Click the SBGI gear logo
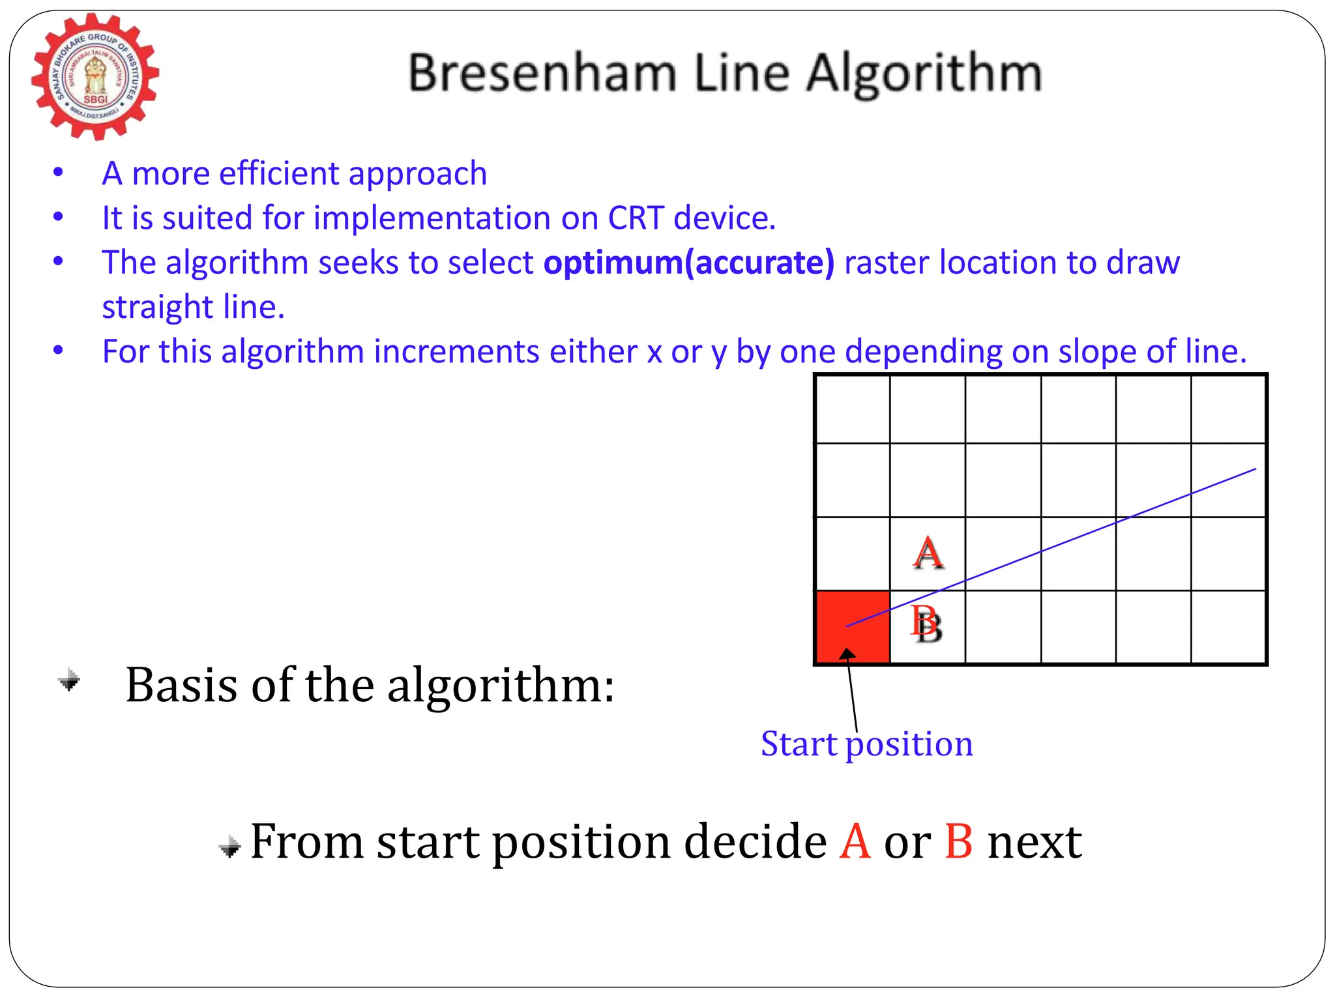[x=95, y=77]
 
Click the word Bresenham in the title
[x=542, y=73]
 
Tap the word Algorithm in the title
[x=924, y=74]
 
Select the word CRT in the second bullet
[x=636, y=218]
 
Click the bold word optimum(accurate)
[x=689, y=263]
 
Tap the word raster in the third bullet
[x=887, y=263]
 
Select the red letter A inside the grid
[x=928, y=553]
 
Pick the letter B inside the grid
[x=926, y=624]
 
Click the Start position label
[x=866, y=744]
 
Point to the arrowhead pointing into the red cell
[x=847, y=654]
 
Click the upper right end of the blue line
[x=1254, y=469]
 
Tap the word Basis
[x=181, y=686]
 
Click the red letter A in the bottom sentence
[x=855, y=842]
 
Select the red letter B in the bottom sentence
[x=958, y=842]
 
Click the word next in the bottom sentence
[x=1034, y=842]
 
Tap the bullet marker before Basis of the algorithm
[x=69, y=681]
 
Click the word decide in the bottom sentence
[x=756, y=842]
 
